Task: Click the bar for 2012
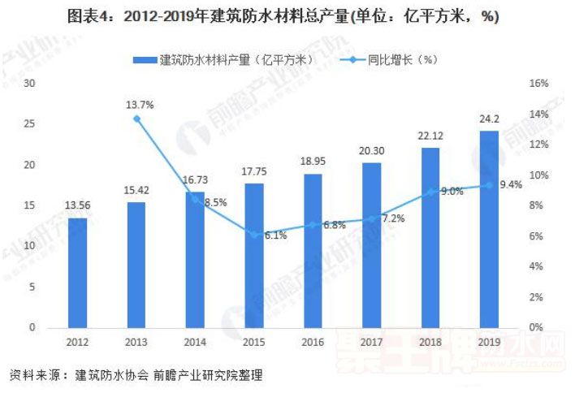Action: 77,273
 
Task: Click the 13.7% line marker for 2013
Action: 136,119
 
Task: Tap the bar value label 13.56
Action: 77,206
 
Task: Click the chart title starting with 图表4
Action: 293,17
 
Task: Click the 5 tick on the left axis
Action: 32,287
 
